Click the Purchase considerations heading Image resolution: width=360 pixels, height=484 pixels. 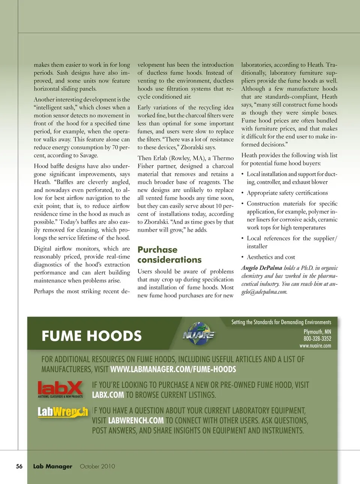click(x=169, y=255)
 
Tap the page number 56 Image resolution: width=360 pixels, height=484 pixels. click(x=19, y=466)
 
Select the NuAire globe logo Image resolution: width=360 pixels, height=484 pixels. click(x=198, y=334)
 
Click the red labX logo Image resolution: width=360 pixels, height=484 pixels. click(x=60, y=389)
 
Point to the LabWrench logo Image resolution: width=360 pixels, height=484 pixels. click(x=63, y=412)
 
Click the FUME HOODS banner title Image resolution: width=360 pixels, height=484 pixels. click(x=91, y=336)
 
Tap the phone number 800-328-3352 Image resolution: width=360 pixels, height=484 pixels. click(x=317, y=338)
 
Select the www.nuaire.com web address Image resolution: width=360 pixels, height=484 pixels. click(x=315, y=346)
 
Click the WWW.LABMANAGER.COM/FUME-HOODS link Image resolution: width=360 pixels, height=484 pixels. click(x=173, y=369)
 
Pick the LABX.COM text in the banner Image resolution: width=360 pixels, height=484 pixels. click(x=108, y=395)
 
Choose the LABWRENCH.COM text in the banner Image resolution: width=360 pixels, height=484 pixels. click(x=136, y=421)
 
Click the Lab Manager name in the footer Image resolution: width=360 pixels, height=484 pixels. click(x=52, y=466)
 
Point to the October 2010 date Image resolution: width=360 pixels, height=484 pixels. click(x=97, y=466)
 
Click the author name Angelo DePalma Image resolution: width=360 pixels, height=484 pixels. click(x=262, y=268)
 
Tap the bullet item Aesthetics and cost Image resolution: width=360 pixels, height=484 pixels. click(x=271, y=257)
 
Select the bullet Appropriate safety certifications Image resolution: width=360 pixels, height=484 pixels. click(x=287, y=193)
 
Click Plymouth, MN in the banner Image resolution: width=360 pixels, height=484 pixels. click(x=317, y=332)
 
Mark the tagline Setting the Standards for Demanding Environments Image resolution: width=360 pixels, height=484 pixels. click(x=281, y=322)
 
